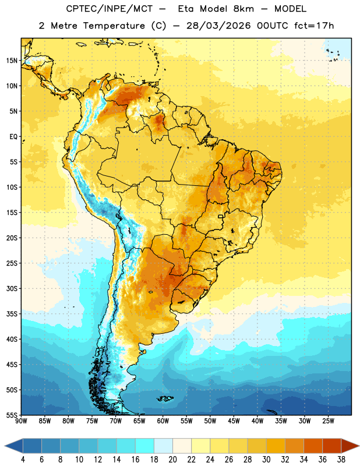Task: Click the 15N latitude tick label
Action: pyautogui.click(x=12, y=61)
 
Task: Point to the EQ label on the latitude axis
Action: pyautogui.click(x=13, y=137)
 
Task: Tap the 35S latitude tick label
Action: pyautogui.click(x=12, y=314)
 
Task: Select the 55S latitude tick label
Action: pyautogui.click(x=12, y=415)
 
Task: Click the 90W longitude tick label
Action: pyautogui.click(x=21, y=421)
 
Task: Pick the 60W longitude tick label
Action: pyautogui.click(x=163, y=421)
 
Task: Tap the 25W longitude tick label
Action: pyautogui.click(x=328, y=421)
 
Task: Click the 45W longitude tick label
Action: pyautogui.click(x=234, y=421)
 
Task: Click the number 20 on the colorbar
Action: pyautogui.click(x=172, y=460)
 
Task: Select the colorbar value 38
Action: pyautogui.click(x=341, y=460)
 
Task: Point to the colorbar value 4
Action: pyautogui.click(x=23, y=460)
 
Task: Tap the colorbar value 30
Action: pyautogui.click(x=266, y=460)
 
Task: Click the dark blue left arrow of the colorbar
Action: pyautogui.click(x=14, y=446)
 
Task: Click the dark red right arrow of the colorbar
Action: pyautogui.click(x=350, y=446)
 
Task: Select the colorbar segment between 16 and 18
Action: pyautogui.click(x=144, y=446)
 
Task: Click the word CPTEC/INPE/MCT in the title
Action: pyautogui.click(x=109, y=9)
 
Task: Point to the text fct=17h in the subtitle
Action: pyautogui.click(x=314, y=26)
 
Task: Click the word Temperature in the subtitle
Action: pyautogui.click(x=114, y=26)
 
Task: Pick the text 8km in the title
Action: pyautogui.click(x=243, y=9)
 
